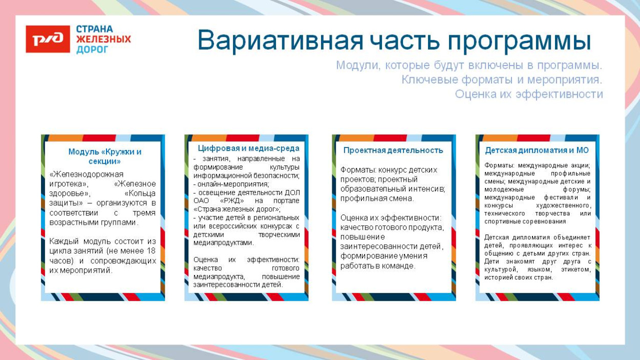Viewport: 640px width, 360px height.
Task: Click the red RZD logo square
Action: click(x=48, y=39)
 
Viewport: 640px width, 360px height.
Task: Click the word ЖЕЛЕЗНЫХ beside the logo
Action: click(x=103, y=39)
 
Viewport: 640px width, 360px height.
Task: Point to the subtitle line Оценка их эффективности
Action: click(x=528, y=94)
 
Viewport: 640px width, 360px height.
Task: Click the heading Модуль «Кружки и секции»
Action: click(x=104, y=156)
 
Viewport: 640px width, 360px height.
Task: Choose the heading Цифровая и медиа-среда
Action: click(x=248, y=148)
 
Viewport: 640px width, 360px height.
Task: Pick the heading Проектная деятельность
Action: click(x=393, y=150)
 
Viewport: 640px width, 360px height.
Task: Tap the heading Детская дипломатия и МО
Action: click(x=537, y=150)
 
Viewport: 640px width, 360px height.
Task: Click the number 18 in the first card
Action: click(x=151, y=251)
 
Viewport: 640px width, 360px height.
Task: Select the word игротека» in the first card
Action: click(x=69, y=184)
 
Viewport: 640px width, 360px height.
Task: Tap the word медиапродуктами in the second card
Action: click(x=223, y=243)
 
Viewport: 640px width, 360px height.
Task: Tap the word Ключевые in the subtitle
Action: click(x=429, y=80)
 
